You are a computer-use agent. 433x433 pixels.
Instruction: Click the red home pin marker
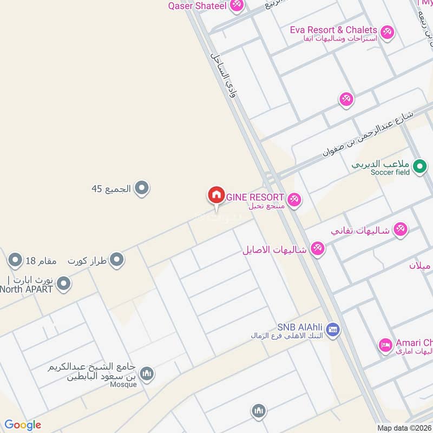[215, 195]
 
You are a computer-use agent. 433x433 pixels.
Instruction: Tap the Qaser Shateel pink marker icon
[237, 6]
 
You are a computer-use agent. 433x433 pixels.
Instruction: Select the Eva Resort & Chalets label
[333, 30]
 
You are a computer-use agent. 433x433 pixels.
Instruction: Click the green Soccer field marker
[419, 167]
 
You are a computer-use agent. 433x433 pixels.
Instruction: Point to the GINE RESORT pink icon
[294, 200]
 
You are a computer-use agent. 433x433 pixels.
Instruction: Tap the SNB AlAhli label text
[301, 327]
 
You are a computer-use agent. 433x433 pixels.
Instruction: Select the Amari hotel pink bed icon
[385, 345]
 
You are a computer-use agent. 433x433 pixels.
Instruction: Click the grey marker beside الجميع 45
[142, 189]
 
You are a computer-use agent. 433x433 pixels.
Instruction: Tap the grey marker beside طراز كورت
[116, 261]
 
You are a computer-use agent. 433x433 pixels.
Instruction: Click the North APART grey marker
[64, 284]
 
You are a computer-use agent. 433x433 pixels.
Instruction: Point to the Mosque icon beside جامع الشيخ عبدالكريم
[147, 373]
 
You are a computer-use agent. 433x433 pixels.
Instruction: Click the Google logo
[23, 425]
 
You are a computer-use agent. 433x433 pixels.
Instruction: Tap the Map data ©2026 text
[404, 428]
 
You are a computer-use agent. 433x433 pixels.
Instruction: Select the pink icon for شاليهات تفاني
[400, 229]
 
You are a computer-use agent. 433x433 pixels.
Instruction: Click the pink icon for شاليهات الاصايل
[318, 250]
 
